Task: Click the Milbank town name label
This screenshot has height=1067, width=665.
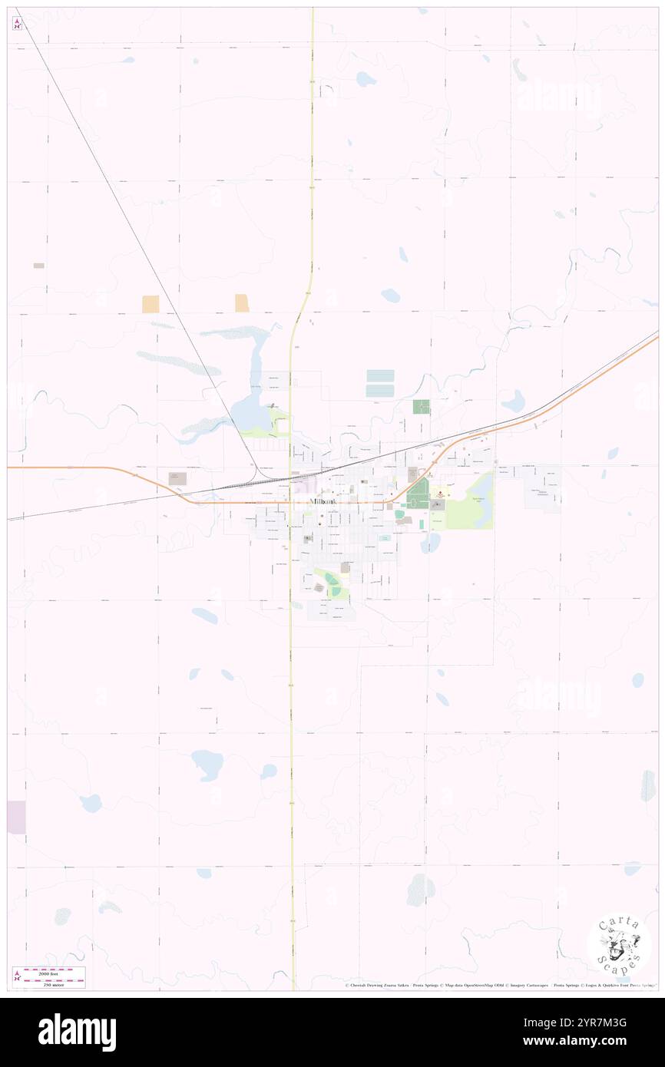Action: click(323, 501)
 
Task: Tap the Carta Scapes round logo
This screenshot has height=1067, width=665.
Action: click(619, 944)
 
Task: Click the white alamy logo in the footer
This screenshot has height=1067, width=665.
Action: click(77, 1032)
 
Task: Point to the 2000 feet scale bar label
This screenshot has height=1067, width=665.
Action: click(53, 970)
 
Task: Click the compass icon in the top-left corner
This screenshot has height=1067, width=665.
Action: click(17, 24)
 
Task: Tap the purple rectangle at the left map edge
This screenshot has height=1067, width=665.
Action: click(16, 817)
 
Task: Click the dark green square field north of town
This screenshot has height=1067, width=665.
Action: click(421, 407)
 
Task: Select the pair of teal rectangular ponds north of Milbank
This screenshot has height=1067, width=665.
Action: click(380, 383)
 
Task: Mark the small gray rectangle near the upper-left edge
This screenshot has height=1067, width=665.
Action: click(38, 266)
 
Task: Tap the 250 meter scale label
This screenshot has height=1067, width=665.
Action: click(53, 983)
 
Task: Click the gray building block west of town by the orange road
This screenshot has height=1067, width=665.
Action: click(178, 478)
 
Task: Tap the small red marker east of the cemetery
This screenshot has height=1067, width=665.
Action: click(440, 496)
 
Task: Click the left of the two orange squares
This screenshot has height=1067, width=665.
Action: click(151, 304)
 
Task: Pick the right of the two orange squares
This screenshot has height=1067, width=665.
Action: click(242, 302)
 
